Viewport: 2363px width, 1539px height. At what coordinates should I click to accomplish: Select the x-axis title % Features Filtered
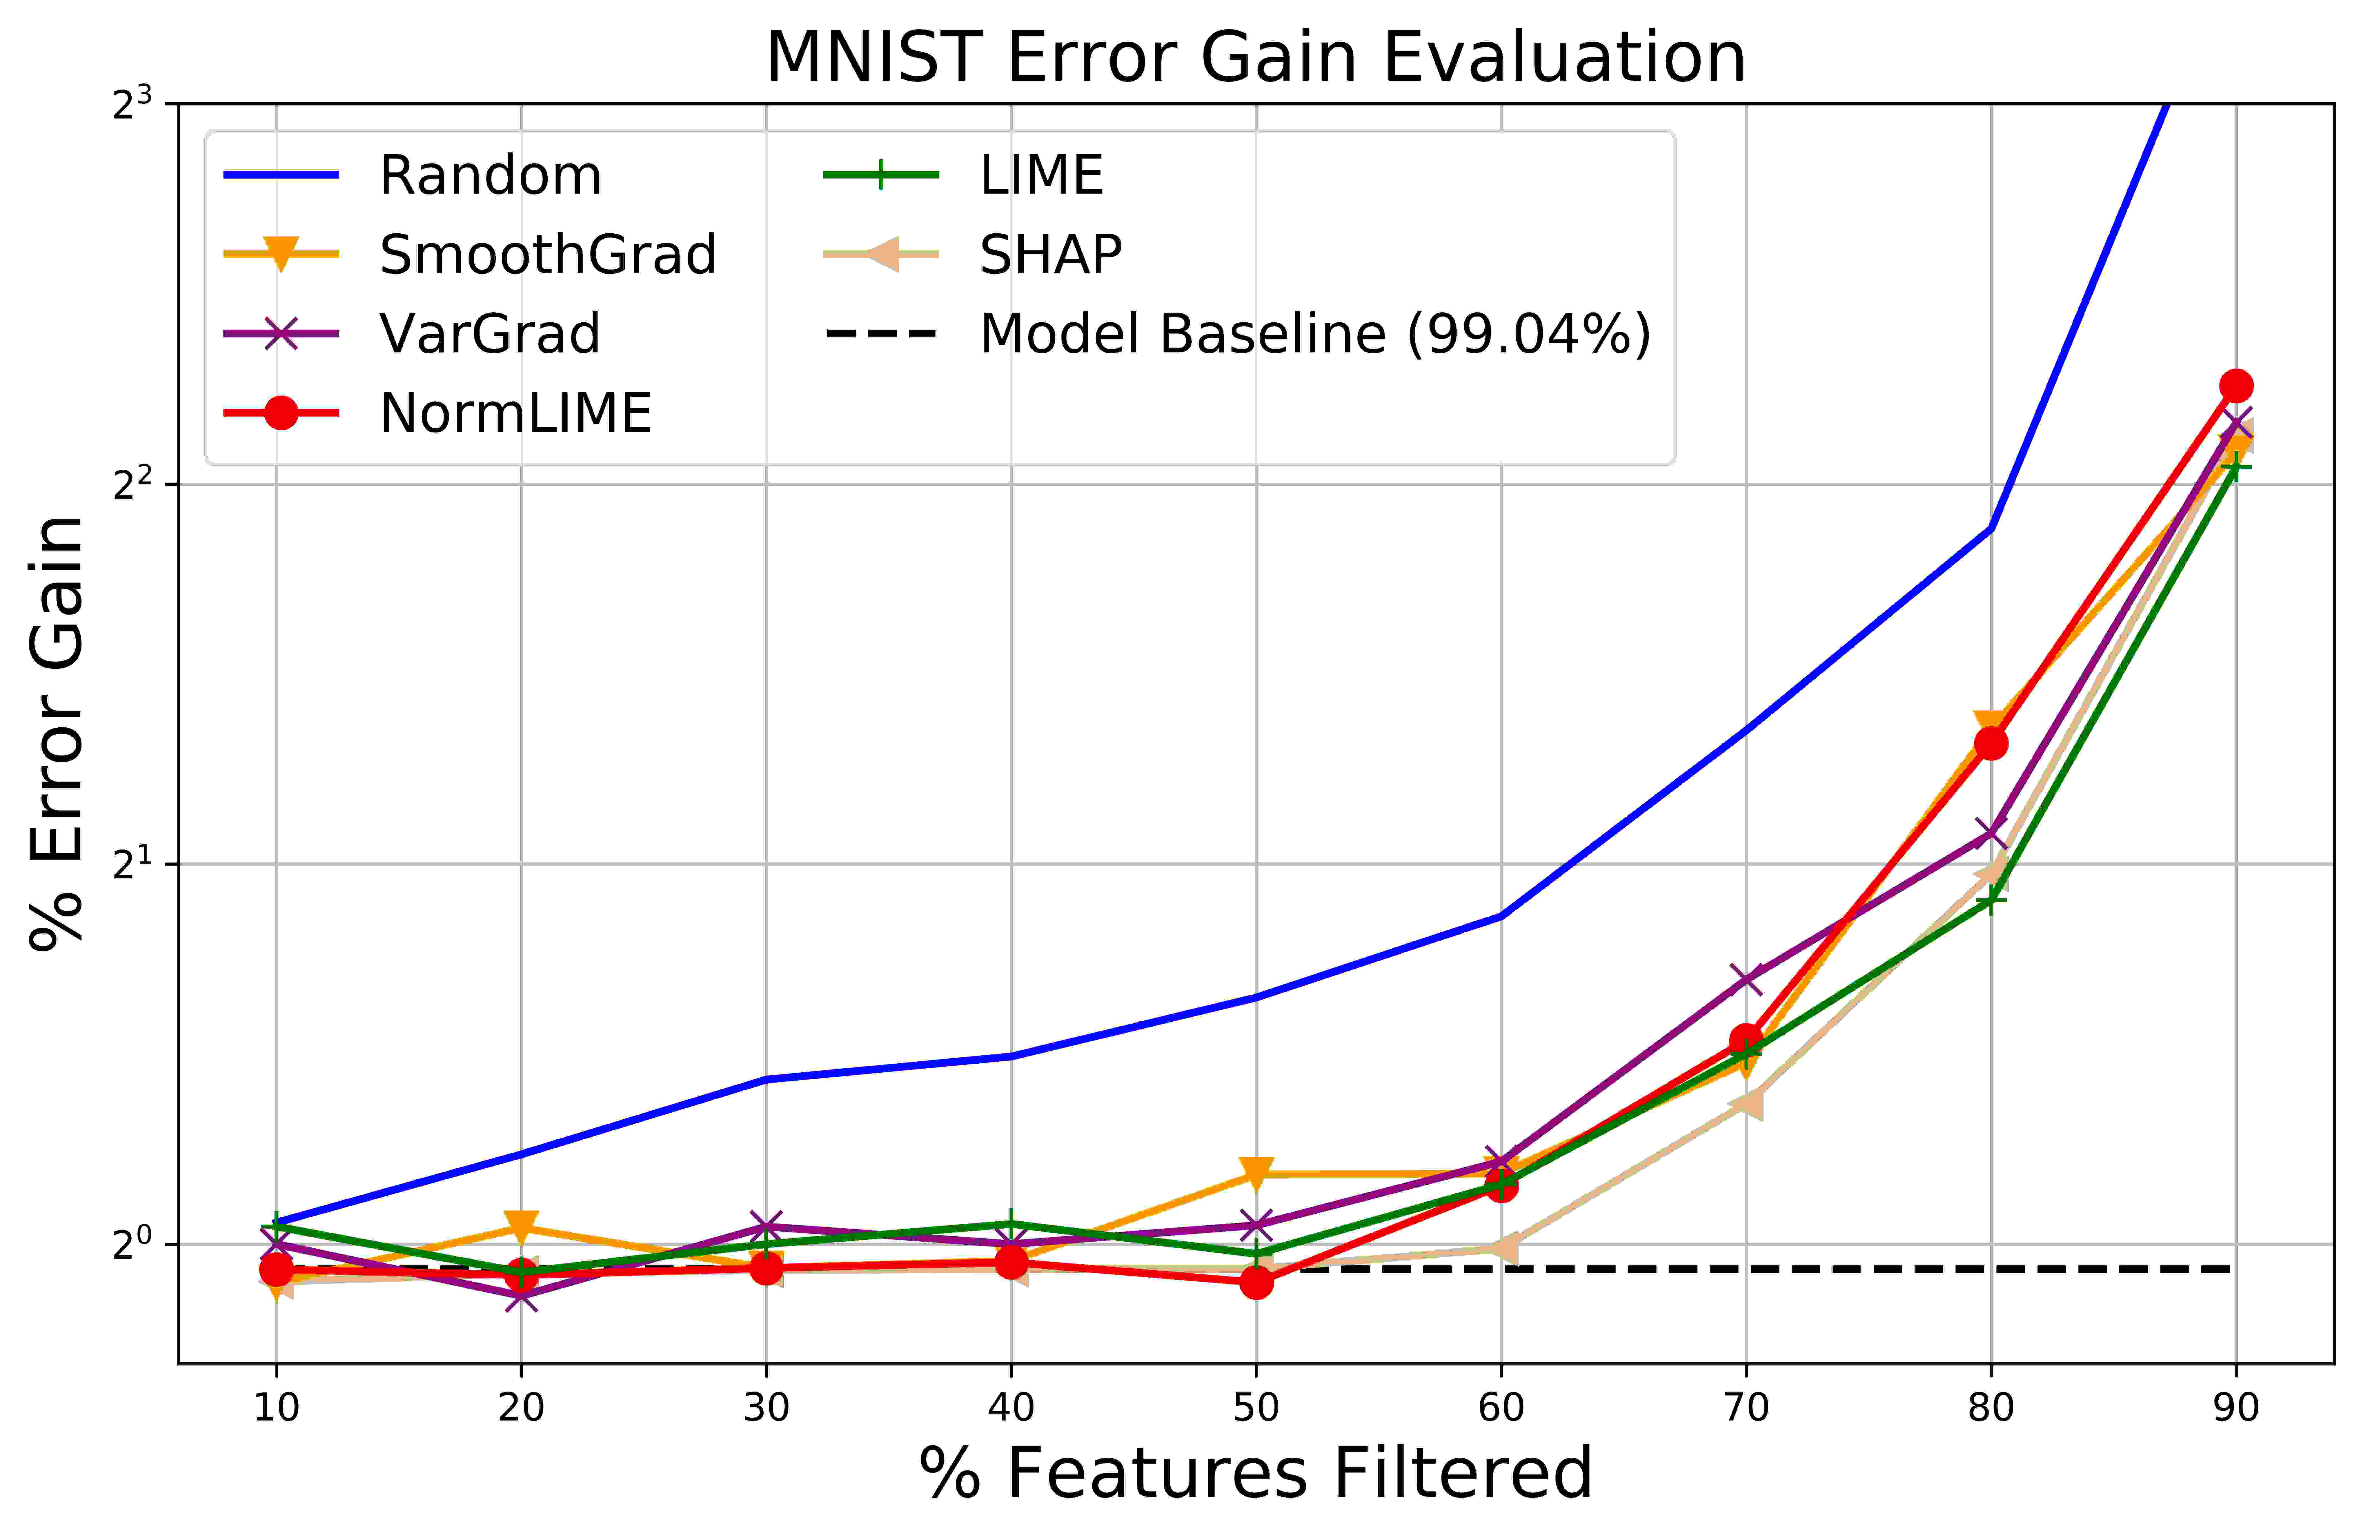point(1256,1473)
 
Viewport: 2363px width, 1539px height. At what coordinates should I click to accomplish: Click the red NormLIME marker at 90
point(2236,385)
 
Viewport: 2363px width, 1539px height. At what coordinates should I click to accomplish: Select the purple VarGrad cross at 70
point(1745,978)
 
